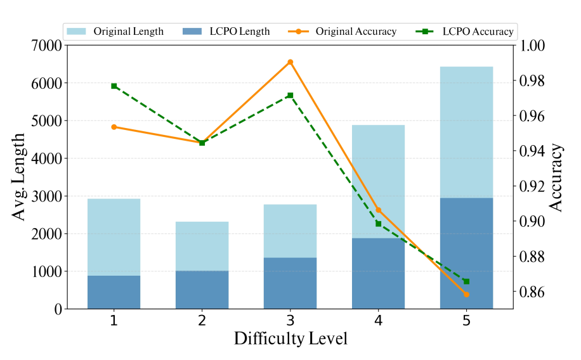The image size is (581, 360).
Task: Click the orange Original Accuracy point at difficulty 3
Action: coord(290,62)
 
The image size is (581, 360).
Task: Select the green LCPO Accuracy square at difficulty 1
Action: coord(114,86)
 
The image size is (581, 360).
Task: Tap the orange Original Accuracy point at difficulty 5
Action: coord(466,295)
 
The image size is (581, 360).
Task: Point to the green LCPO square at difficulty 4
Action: coord(378,224)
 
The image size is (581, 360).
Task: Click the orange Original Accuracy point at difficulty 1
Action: coord(114,127)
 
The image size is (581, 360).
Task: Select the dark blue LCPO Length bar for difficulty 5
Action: coord(466,254)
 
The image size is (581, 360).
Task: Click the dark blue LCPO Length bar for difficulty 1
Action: coord(114,292)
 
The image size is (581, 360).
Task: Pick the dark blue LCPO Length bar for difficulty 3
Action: coord(290,283)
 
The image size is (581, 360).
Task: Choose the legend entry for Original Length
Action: coord(115,32)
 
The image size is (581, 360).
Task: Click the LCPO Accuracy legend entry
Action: coord(465,32)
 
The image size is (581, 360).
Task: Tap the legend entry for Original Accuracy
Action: coord(342,32)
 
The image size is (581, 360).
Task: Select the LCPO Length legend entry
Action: coord(226,32)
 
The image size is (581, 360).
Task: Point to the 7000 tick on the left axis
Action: coord(46,46)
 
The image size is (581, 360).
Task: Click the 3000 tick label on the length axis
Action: coord(46,196)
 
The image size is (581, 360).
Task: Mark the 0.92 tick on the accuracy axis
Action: coord(532,186)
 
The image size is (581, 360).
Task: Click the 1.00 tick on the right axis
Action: coord(532,46)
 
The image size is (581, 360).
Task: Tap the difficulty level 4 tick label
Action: coord(378,320)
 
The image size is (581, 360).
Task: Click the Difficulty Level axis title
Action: coord(291,338)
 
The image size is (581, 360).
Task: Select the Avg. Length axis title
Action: coord(18,177)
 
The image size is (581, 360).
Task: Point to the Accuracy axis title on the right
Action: coord(556,177)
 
